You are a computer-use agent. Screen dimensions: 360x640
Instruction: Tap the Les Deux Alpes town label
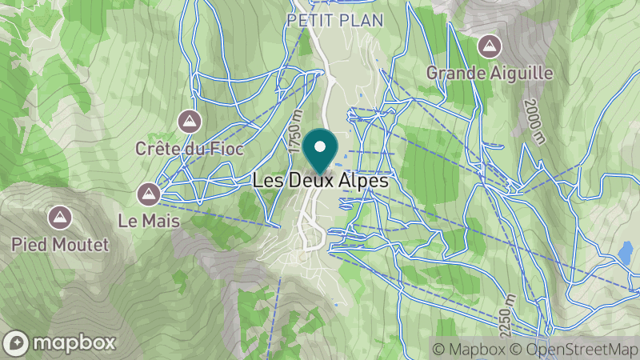tap(321, 182)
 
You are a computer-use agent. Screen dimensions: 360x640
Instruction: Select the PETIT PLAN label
tap(335, 20)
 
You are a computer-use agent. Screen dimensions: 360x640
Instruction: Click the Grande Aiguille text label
tap(490, 73)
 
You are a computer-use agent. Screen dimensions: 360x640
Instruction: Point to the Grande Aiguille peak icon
tap(490, 46)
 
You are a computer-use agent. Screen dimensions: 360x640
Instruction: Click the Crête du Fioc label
tap(189, 149)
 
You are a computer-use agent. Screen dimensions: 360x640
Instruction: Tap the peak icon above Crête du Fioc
tap(189, 122)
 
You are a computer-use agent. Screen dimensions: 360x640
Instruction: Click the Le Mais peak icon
tap(148, 192)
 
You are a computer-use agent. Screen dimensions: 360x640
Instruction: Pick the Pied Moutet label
tap(60, 244)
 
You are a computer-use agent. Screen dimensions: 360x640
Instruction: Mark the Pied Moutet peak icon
tap(58, 217)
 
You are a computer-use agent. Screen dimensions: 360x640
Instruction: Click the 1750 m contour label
tap(296, 135)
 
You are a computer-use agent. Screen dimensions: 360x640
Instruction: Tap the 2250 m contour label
tap(506, 313)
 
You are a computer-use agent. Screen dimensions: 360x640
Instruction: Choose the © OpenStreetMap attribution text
tap(574, 349)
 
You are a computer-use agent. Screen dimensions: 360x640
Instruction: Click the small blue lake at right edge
tap(625, 253)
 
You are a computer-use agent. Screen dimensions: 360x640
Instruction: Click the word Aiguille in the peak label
tap(520, 73)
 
